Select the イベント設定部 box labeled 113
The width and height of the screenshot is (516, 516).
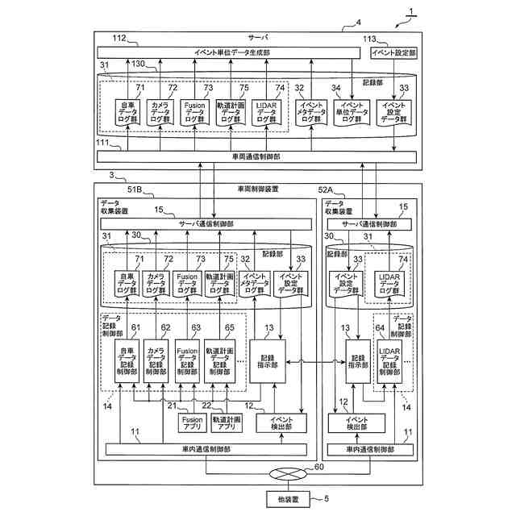tap(393, 52)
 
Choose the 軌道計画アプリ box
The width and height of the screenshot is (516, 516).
tap(227, 423)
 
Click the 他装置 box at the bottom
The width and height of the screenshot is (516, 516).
tap(288, 499)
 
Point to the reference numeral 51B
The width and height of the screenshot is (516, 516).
tap(134, 190)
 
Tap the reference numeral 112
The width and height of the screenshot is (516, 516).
tap(119, 38)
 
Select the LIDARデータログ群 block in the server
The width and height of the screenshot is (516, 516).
tap(268, 114)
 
